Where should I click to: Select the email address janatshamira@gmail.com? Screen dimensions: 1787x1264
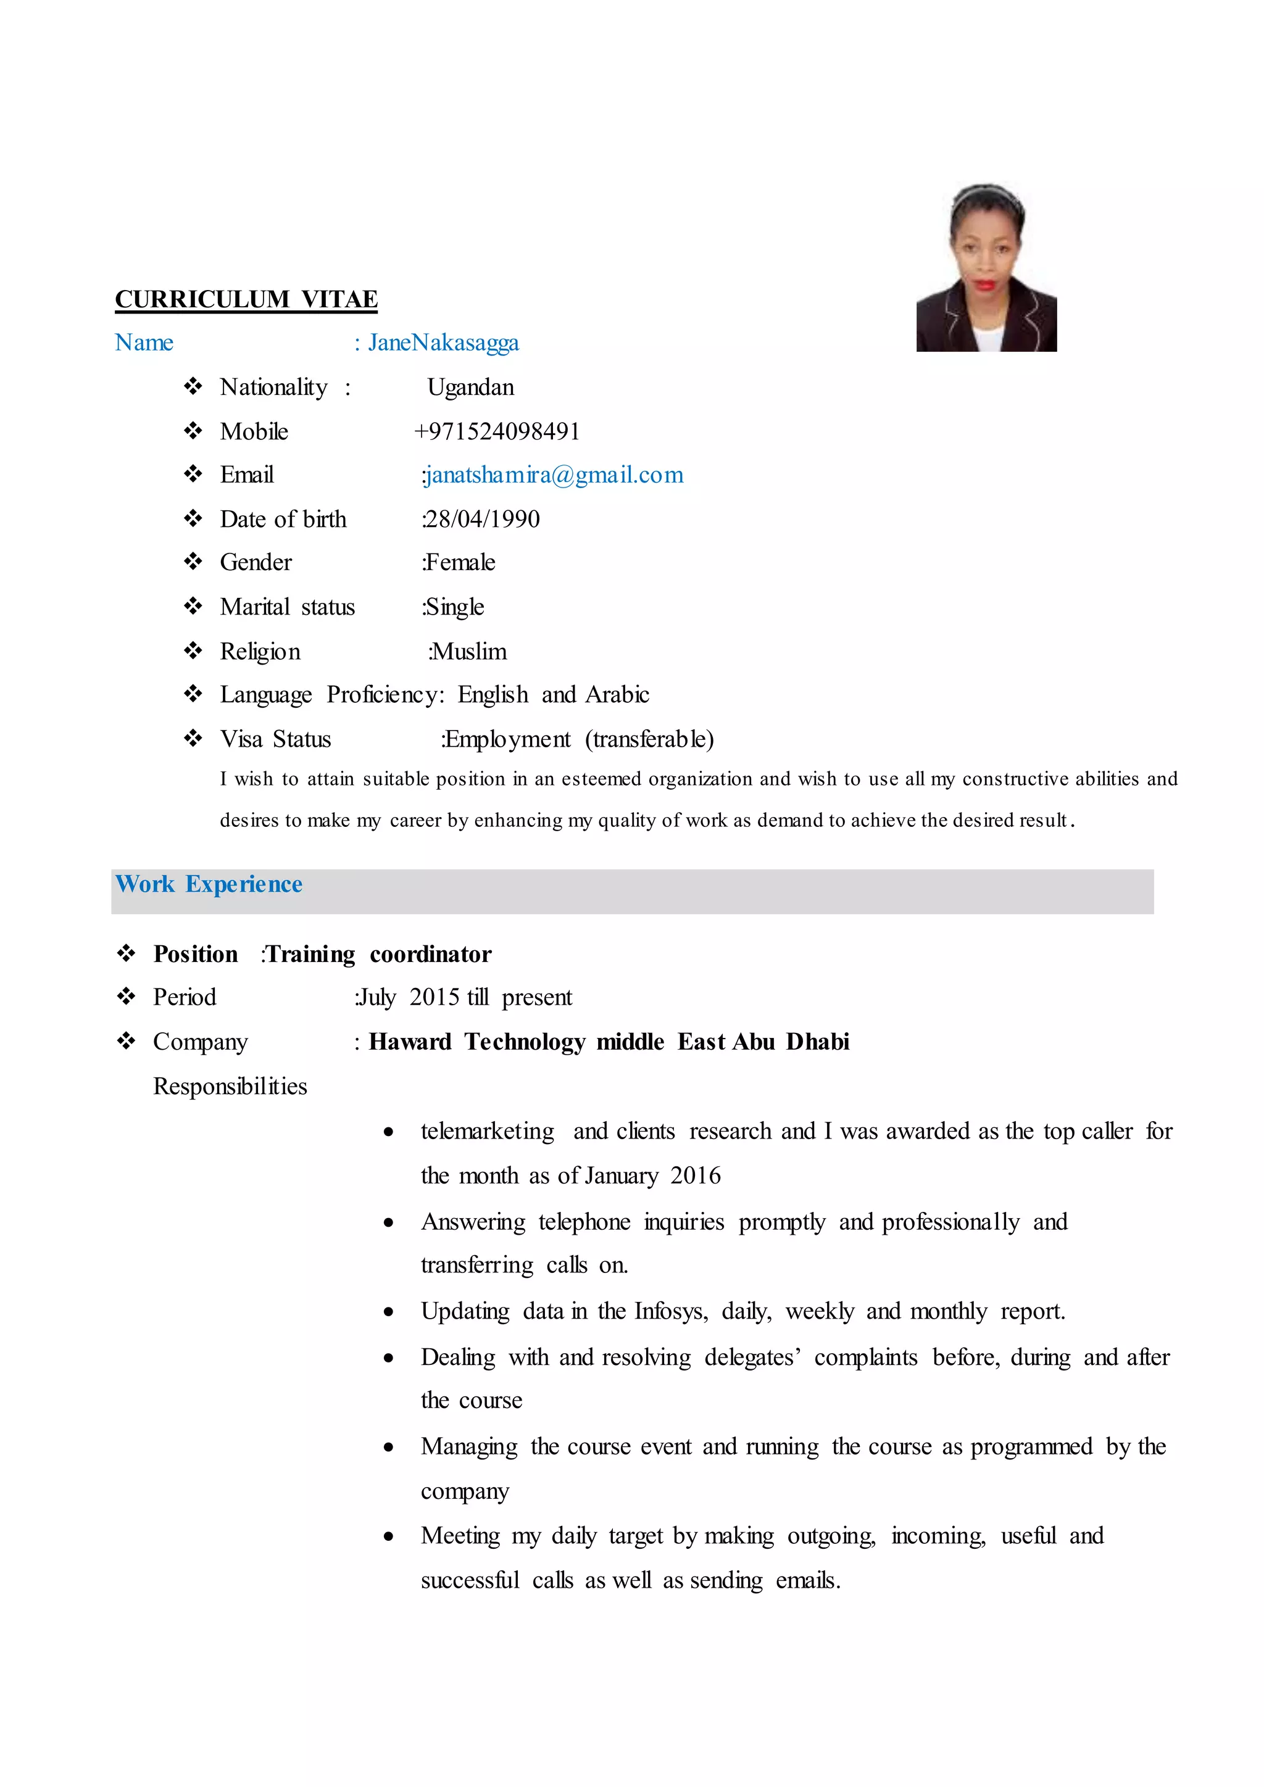coord(554,475)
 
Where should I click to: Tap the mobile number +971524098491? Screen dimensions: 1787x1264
coord(497,431)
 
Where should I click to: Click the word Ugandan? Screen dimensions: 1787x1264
coord(470,387)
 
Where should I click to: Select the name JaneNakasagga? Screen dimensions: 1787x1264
coord(443,342)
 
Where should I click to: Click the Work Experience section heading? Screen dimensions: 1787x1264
coord(209,884)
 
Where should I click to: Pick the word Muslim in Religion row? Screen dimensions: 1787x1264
coord(469,652)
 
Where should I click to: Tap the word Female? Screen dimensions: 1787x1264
coord(460,562)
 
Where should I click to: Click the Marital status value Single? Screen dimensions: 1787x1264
coord(454,607)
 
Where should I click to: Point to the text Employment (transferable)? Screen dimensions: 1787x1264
coord(578,739)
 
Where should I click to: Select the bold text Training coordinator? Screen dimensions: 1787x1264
coord(379,954)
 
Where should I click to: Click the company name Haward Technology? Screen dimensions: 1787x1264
coord(476,1042)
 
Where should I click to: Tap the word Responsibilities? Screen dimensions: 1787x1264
coord(230,1086)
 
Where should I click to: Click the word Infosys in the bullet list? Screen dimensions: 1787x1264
coord(670,1311)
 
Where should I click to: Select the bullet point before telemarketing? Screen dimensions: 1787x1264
coord(388,1132)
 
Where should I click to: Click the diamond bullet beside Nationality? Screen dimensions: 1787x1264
coord(193,386)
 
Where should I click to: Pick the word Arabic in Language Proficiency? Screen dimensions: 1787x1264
coord(617,694)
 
